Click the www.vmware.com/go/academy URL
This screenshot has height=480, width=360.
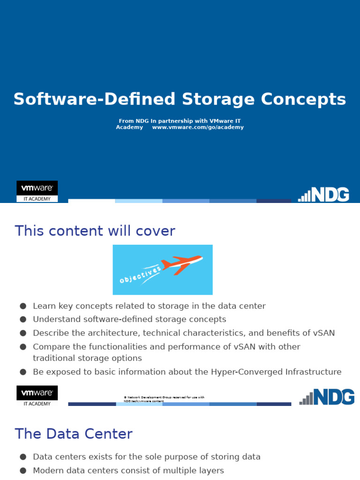[x=198, y=127]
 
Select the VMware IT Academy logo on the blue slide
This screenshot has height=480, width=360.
[x=37, y=191]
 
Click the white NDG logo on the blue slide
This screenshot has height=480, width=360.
[x=324, y=194]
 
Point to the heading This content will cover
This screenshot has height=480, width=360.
[x=95, y=231]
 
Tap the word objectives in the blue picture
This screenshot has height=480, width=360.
[x=140, y=274]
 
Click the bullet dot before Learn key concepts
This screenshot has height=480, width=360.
[x=22, y=306]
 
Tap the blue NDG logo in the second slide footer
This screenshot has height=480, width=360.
[x=327, y=397]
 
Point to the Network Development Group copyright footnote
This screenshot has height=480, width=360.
[x=164, y=399]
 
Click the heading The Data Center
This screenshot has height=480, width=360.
[x=74, y=434]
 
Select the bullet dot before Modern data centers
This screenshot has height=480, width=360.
[x=22, y=470]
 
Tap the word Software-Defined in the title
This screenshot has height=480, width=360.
[x=95, y=99]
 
